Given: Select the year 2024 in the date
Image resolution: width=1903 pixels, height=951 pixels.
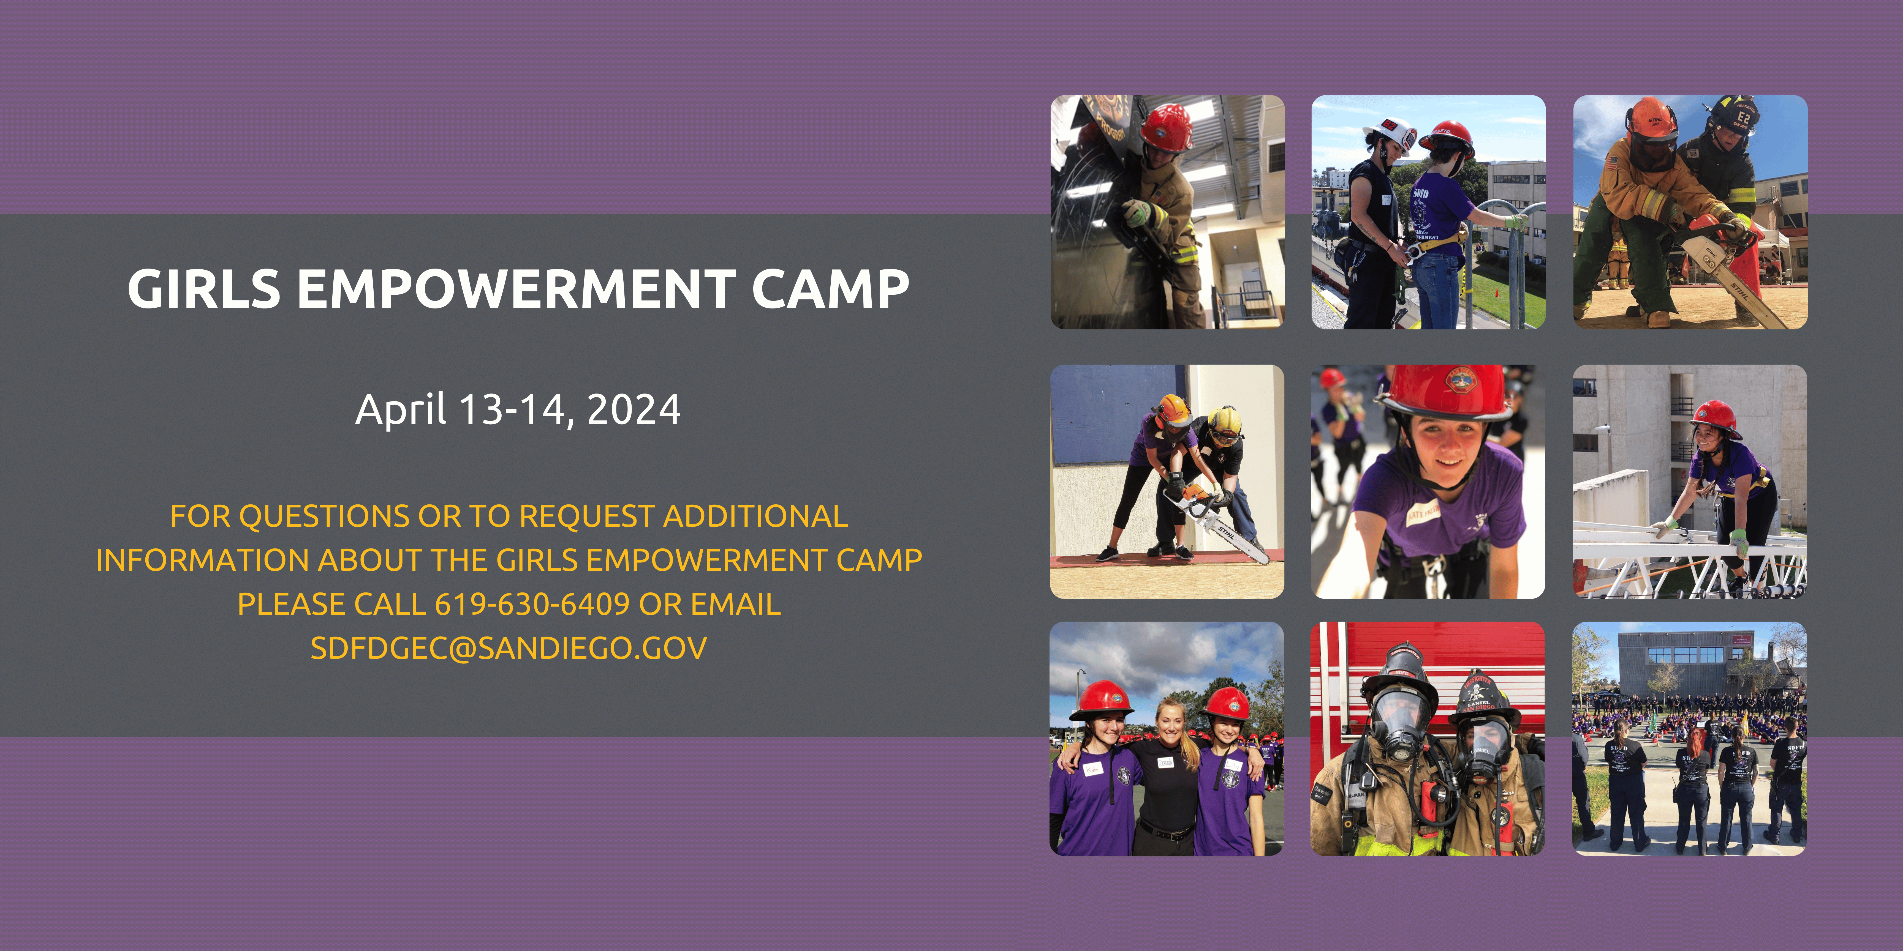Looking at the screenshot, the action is [x=633, y=410].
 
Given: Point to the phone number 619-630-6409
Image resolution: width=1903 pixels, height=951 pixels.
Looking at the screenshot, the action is [x=532, y=604].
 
